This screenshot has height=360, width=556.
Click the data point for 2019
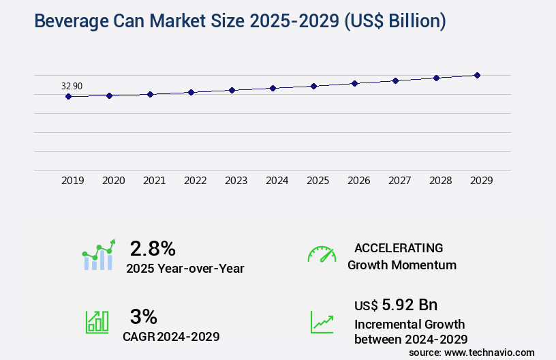click(68, 97)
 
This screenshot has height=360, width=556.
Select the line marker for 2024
click(273, 88)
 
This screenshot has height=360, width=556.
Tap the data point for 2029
click(477, 75)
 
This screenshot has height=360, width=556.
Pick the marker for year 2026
click(354, 83)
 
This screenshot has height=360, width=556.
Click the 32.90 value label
click(72, 86)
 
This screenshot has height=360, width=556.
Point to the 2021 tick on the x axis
click(155, 181)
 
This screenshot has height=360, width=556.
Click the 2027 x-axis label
click(400, 181)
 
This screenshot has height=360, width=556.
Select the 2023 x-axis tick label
click(236, 181)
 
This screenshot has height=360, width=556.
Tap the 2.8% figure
click(153, 247)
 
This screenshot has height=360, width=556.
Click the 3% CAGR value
click(143, 316)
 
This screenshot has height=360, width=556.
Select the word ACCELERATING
click(399, 247)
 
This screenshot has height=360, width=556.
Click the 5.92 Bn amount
click(410, 305)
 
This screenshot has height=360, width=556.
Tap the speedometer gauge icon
click(322, 254)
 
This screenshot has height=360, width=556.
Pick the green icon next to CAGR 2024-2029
click(97, 322)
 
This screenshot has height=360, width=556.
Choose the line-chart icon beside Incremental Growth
click(322, 322)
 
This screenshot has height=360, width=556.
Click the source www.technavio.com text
click(472, 352)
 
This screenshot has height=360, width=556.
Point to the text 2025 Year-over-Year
click(185, 269)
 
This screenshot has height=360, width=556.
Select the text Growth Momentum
click(402, 265)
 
